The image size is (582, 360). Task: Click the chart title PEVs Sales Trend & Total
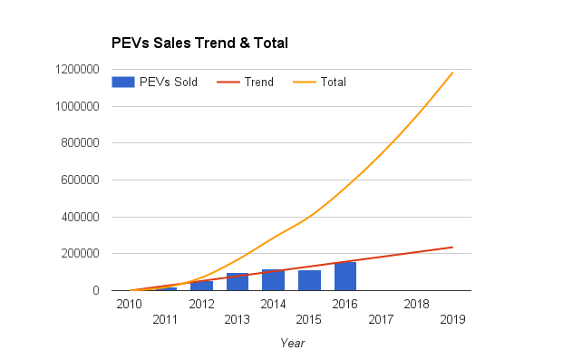coord(199,43)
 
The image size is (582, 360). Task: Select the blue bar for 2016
coord(345,277)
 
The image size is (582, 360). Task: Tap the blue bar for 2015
coord(309,280)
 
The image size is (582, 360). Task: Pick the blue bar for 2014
coord(273,280)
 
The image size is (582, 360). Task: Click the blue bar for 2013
coord(238,282)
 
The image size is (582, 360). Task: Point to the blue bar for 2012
coord(201,286)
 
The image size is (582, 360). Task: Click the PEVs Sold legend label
coord(169,82)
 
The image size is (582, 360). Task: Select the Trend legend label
coord(259,82)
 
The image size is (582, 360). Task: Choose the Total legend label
coord(334,82)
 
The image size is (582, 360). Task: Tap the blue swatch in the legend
coord(123,82)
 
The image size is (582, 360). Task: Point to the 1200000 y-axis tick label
coord(77,70)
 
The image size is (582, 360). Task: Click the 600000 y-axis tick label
coord(80,180)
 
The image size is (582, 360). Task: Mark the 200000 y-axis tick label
coord(80,254)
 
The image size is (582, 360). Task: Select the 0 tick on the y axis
coord(96,290)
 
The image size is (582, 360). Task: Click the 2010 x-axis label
coord(129,305)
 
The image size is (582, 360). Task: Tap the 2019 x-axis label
coord(452,319)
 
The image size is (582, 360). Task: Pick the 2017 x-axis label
coord(381,319)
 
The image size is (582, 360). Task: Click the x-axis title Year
coord(293,344)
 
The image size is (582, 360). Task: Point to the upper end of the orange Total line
coord(453,73)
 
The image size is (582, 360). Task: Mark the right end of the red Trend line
coord(453,248)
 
